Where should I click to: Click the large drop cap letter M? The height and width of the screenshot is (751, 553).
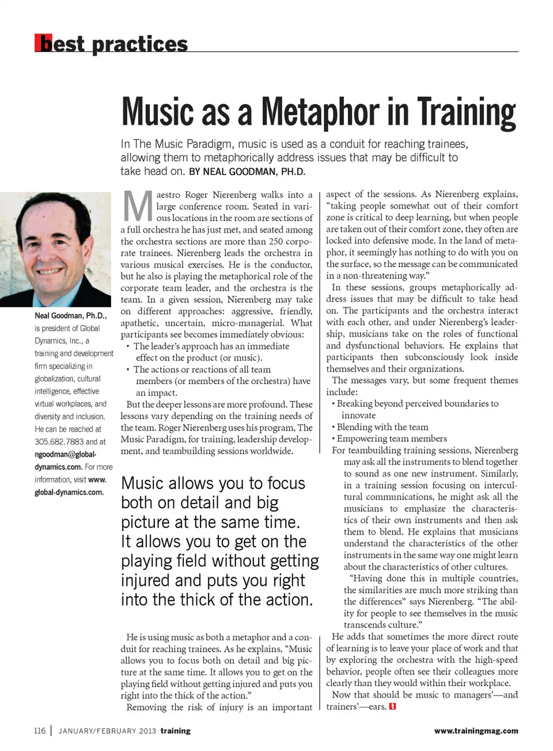138,207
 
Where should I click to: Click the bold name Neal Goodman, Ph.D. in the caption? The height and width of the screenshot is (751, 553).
70,315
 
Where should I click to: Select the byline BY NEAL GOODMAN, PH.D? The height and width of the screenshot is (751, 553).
247,171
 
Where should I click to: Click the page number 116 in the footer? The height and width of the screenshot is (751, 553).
39,731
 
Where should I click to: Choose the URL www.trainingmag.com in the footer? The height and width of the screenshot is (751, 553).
476,731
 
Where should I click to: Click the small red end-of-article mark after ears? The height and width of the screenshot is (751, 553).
393,707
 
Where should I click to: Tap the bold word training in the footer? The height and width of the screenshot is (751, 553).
176,731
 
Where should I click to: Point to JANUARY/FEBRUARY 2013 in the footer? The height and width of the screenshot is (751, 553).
107,731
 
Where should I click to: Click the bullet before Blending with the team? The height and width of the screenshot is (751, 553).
334,427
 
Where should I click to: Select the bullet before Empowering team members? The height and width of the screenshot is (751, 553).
334,439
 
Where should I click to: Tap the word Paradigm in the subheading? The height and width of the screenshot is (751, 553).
209,144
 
